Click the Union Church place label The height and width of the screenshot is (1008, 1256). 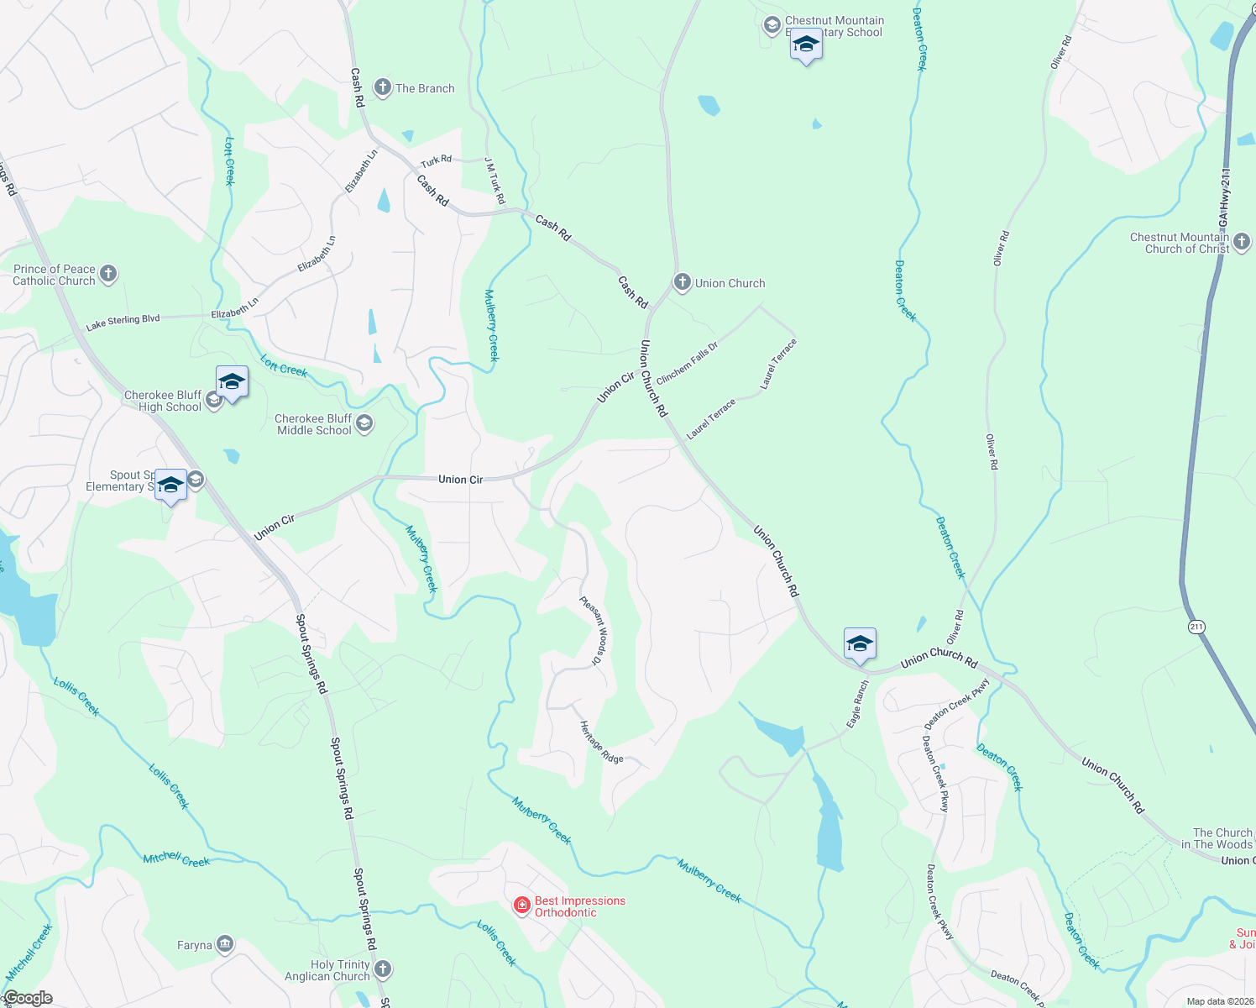click(730, 283)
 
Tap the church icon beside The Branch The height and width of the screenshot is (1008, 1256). click(383, 87)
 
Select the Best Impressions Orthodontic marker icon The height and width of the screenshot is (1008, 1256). click(522, 905)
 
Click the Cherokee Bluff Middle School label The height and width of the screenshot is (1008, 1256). click(314, 424)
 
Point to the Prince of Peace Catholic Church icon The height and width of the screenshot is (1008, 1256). click(108, 274)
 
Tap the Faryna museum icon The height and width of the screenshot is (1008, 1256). click(224, 945)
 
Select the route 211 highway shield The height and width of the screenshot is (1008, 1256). click(1196, 627)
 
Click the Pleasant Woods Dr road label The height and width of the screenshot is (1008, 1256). click(593, 630)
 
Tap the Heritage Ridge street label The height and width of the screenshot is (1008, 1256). click(601, 743)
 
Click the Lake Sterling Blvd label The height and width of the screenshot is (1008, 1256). click(123, 322)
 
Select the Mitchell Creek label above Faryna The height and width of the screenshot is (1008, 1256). click(176, 858)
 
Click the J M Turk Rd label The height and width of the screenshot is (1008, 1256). click(495, 181)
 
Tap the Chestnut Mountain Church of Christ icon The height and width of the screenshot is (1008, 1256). click(1242, 243)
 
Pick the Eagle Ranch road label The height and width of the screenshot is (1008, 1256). click(858, 704)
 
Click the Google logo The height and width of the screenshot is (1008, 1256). click(28, 998)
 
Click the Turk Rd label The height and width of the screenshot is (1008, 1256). click(436, 160)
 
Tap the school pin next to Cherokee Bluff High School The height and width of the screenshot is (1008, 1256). click(232, 383)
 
